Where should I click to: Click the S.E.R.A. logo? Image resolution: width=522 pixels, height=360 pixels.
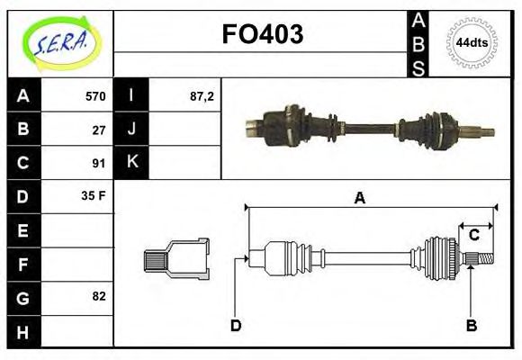(59, 41)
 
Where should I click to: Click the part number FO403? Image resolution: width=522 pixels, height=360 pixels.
(262, 34)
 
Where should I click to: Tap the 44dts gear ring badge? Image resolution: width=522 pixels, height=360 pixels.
(472, 42)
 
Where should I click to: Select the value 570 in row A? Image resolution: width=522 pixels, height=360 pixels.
(94, 96)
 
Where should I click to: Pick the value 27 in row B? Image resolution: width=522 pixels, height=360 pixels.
(98, 130)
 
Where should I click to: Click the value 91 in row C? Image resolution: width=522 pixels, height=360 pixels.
(98, 163)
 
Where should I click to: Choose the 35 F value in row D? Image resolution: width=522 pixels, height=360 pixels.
(94, 195)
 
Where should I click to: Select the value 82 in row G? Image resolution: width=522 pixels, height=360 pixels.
(98, 295)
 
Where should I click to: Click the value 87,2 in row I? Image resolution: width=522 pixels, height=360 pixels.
(202, 96)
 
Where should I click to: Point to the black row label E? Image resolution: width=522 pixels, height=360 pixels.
(22, 229)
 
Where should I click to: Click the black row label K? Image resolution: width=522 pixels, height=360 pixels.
(131, 163)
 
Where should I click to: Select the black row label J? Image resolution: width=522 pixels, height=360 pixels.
(131, 130)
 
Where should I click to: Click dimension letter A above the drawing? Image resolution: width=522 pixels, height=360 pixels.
(359, 197)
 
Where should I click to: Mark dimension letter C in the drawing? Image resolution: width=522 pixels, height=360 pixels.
(473, 236)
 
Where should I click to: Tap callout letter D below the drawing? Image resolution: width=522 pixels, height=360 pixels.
(235, 325)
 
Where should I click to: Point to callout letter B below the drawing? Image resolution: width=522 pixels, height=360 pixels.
(471, 325)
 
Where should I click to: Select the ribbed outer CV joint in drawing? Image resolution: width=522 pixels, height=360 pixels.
(440, 257)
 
